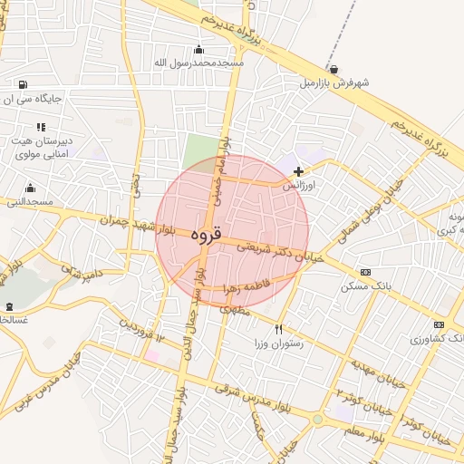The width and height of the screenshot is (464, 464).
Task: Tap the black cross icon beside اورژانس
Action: pyautogui.click(x=299, y=170)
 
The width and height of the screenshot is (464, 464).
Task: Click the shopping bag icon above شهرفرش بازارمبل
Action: pyautogui.click(x=334, y=69)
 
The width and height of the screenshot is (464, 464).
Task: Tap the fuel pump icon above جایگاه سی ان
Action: pyautogui.click(x=22, y=85)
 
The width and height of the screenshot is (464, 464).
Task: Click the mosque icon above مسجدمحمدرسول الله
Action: pyautogui.click(x=199, y=49)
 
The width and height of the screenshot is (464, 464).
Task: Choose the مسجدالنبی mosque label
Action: pyautogui.click(x=29, y=201)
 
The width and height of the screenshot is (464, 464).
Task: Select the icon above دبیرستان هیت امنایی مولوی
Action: pyautogui.click(x=41, y=126)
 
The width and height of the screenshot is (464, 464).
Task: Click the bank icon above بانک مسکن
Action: pyautogui.click(x=365, y=272)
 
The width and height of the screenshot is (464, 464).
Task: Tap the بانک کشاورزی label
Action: pyautogui.click(x=439, y=338)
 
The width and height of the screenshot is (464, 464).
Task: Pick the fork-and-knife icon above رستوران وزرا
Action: pyautogui.click(x=278, y=329)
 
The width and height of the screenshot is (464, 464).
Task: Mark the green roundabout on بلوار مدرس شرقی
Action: pyautogui.click(x=317, y=420)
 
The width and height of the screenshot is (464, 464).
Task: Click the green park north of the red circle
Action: pyautogui.click(x=200, y=150)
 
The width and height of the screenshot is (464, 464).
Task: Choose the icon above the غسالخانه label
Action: pyautogui.click(x=10, y=307)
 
